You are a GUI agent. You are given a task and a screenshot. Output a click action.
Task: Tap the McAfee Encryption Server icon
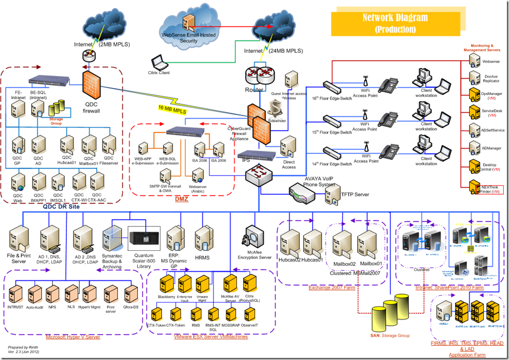[254, 236]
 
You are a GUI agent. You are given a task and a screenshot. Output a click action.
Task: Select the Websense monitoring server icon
[474, 59]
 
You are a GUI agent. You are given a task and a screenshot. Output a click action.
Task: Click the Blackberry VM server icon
[167, 284]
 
